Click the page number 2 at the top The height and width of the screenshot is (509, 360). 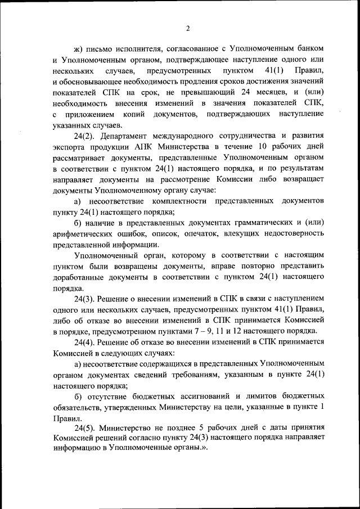pyautogui.click(x=188, y=29)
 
